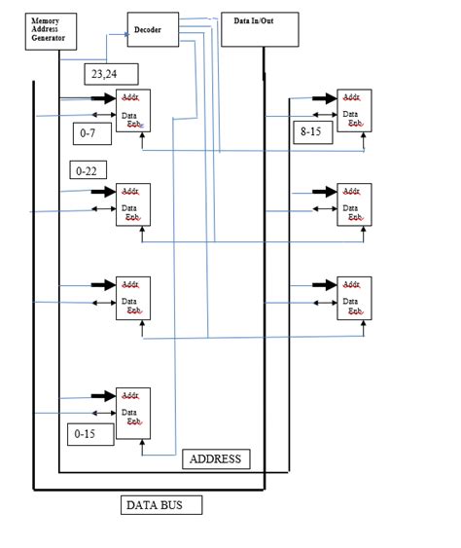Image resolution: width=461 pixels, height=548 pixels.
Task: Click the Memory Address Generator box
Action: click(x=51, y=31)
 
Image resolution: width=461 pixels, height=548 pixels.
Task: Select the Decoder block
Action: click(x=153, y=30)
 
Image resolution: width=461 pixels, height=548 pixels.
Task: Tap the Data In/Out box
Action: click(x=260, y=30)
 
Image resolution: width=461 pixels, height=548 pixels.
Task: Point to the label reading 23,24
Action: click(x=111, y=74)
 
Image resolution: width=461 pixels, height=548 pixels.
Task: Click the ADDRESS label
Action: click(x=216, y=458)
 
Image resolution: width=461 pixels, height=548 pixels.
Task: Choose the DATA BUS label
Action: click(x=161, y=505)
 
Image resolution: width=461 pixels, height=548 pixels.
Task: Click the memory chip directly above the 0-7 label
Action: click(x=132, y=110)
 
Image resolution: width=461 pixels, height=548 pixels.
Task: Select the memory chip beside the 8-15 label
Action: click(x=354, y=110)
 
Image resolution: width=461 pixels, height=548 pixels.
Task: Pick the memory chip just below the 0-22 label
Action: click(x=132, y=204)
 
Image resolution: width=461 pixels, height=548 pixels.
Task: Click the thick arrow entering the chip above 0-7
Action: click(x=102, y=98)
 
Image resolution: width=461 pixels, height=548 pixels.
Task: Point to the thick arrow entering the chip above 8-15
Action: click(x=323, y=98)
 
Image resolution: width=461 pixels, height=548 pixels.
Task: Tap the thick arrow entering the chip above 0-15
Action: click(x=102, y=397)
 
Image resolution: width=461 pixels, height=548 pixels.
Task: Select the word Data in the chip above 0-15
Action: click(x=128, y=412)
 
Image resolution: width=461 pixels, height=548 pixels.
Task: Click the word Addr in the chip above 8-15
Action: click(x=351, y=97)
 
